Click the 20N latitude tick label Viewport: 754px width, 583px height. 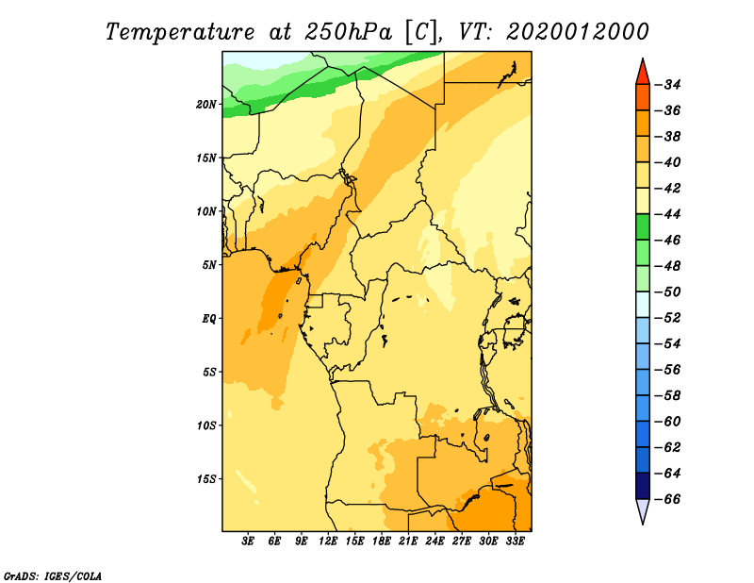pos(205,105)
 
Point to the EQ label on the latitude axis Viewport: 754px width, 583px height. pos(208,319)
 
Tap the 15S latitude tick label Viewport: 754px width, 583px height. pos(205,479)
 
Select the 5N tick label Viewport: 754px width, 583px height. pos(209,265)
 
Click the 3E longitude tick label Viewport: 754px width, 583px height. pos(248,541)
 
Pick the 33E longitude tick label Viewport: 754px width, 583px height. pos(515,541)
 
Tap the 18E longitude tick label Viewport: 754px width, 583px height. pos(382,541)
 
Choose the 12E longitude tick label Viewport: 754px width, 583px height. pos(328,541)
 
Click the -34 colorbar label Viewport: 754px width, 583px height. pos(668,85)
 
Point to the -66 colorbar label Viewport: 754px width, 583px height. pos(668,499)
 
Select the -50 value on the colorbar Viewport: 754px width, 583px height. pos(668,292)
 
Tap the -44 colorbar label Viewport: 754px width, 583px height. pos(668,214)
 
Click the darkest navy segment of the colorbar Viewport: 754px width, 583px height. pos(643,486)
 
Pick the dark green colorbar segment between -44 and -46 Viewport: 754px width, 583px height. pos(643,227)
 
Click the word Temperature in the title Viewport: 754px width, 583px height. pos(179,32)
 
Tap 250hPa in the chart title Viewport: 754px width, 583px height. pos(348,32)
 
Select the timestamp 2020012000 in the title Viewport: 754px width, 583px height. pos(577,32)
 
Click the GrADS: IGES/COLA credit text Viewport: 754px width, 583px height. pos(53,576)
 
